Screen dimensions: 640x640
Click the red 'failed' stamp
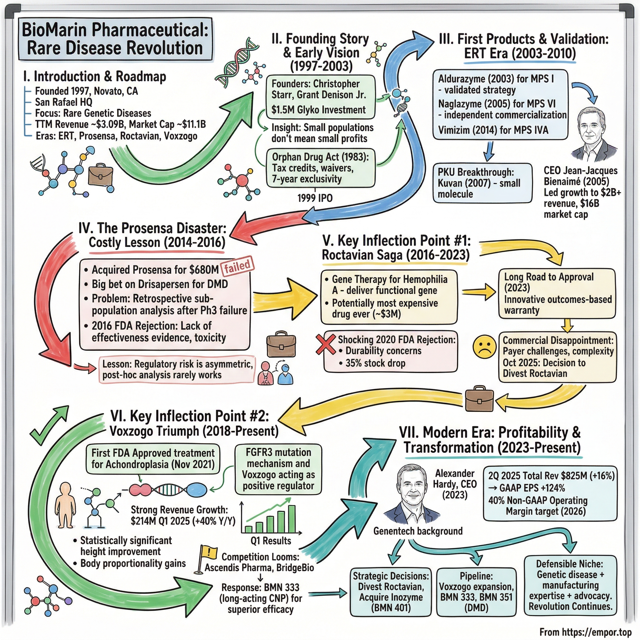[x=237, y=266]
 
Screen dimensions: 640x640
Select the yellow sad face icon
[x=484, y=347]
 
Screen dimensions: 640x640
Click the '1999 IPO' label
[x=315, y=198]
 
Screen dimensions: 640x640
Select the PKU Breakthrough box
[x=482, y=183]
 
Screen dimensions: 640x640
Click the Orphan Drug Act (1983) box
[x=321, y=168]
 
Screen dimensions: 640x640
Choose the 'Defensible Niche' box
[x=570, y=585]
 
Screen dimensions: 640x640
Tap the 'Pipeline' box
[x=476, y=592]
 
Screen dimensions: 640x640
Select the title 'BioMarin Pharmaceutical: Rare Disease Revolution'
[x=115, y=39]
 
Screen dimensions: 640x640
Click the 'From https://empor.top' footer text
[x=585, y=632]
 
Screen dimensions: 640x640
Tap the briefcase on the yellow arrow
[x=479, y=398]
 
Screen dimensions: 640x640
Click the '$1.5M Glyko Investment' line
[x=318, y=110]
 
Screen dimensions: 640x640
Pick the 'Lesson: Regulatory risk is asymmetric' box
[x=177, y=369]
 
